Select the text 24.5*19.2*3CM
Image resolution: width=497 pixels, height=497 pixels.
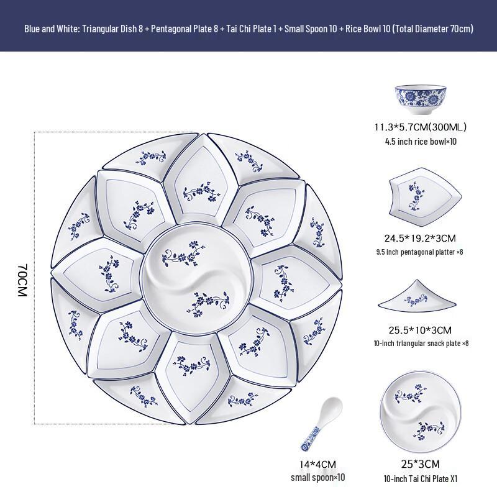[x=419, y=238]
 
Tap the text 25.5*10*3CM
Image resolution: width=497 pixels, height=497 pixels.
[x=419, y=330]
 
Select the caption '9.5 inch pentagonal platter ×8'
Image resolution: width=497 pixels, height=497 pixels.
[x=419, y=252]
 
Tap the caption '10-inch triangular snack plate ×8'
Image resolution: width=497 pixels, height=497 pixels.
[x=419, y=344]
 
